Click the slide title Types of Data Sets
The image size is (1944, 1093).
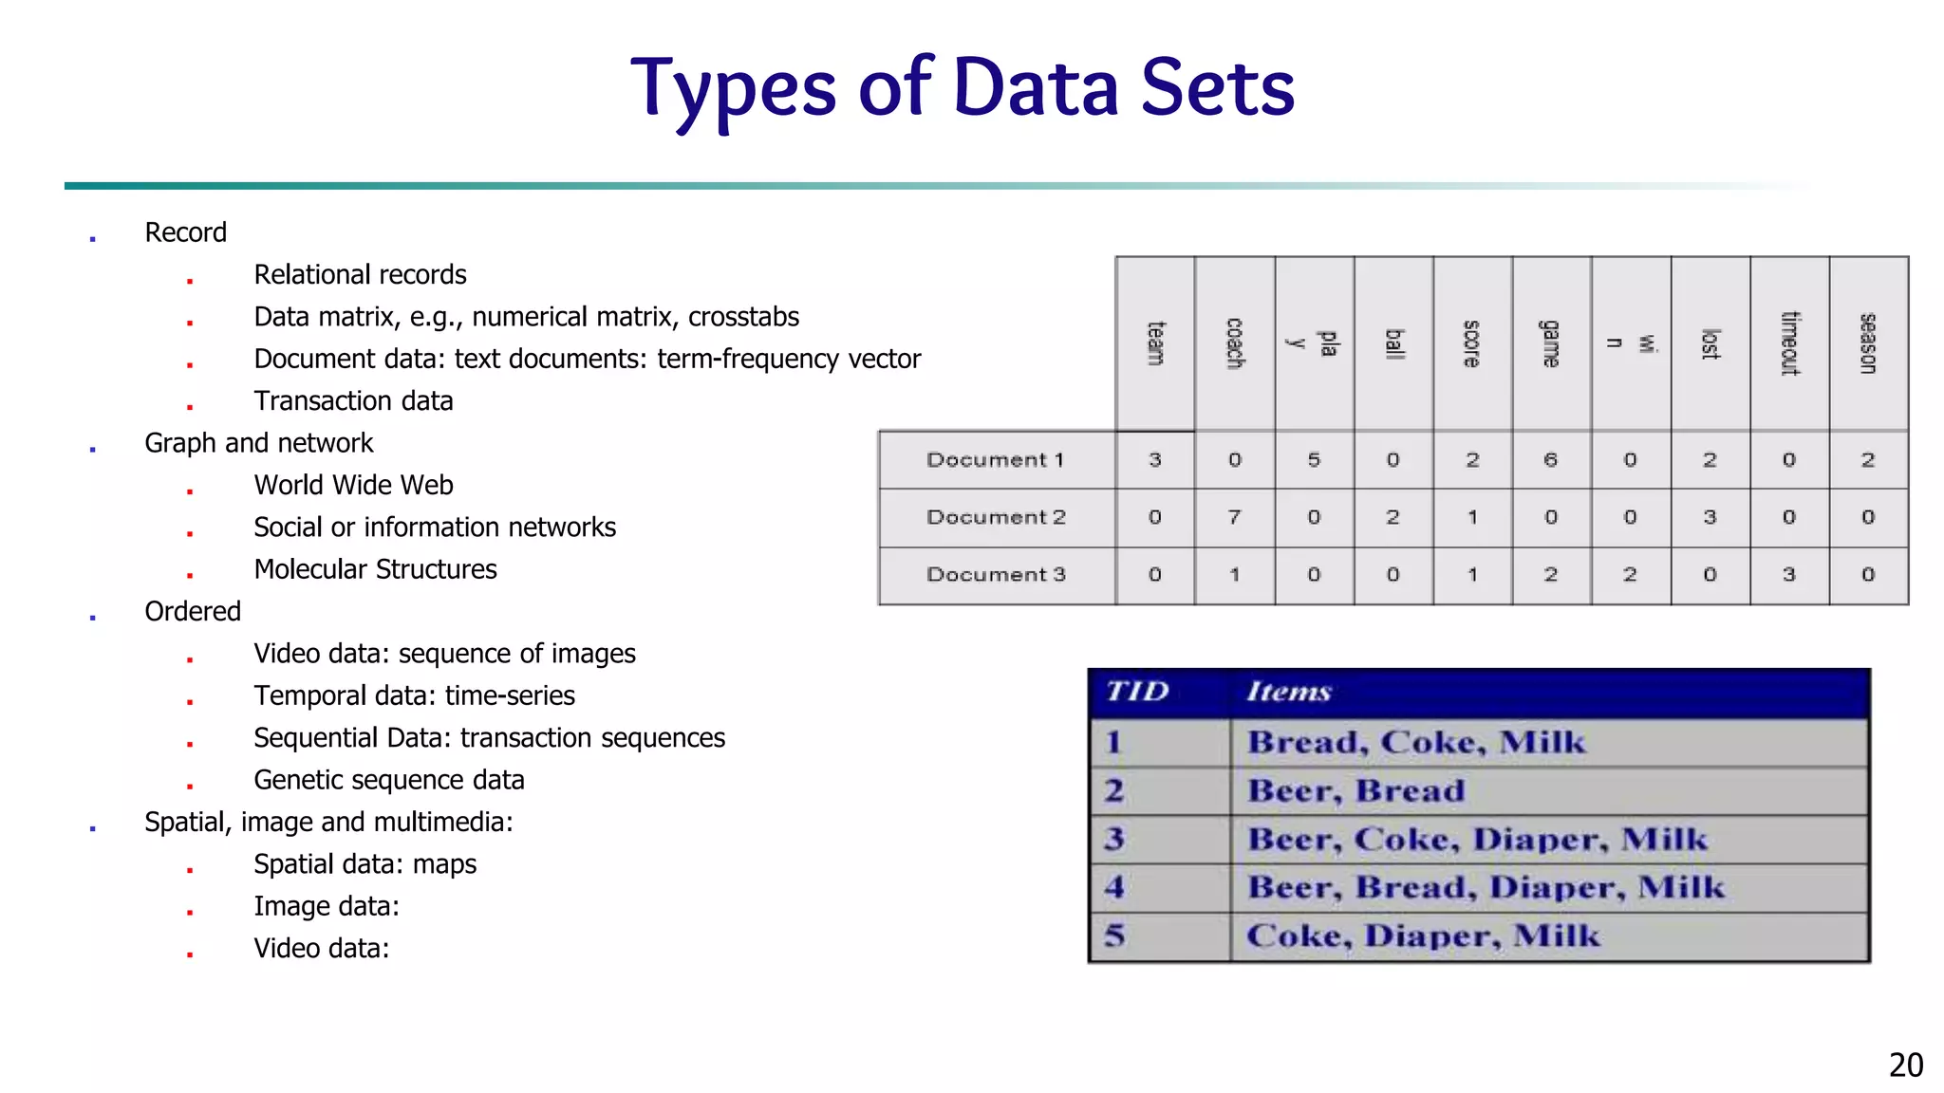963,88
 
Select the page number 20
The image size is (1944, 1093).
1905,1065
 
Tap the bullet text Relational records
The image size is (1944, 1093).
360,275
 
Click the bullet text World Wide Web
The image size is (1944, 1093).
353,486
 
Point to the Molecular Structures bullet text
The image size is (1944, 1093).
375,569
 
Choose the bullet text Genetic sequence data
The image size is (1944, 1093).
388,780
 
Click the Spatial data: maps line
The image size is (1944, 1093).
364,864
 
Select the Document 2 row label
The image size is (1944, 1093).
996,517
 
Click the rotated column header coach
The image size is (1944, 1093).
1234,343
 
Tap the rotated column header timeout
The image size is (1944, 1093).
1789,343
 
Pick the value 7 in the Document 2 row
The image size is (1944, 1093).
1234,517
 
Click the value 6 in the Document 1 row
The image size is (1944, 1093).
1551,460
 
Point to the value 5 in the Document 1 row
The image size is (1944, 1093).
1314,460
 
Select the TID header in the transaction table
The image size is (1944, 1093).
1137,692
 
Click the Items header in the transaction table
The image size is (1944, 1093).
1289,692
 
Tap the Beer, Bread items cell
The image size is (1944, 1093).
1355,791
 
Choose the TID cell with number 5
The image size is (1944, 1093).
1114,936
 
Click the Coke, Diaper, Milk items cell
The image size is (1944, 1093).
1422,936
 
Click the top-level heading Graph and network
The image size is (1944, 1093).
258,443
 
